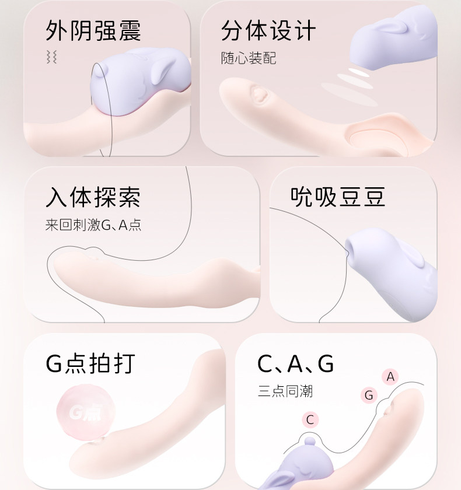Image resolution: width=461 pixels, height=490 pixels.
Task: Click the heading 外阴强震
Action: pos(93,31)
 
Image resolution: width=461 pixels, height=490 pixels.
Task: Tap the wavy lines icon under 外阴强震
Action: pos(51,57)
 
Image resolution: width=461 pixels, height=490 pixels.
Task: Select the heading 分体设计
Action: pos(268,31)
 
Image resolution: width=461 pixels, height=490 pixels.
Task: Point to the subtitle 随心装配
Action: pos(248,58)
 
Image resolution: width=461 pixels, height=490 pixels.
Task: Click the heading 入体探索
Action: pos(93,198)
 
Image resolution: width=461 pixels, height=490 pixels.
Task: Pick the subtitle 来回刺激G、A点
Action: pos(93,225)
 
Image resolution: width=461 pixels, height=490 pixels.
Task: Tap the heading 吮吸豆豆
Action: pos(338,198)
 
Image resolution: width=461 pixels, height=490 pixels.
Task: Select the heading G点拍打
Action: pos(90,363)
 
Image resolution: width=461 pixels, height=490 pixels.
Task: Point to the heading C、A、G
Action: pos(295,363)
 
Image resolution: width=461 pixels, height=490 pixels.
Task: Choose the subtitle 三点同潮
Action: pos(285,391)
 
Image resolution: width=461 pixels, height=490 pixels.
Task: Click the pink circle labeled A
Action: pos(390,377)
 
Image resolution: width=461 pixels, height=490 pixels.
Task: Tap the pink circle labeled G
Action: pos(368,395)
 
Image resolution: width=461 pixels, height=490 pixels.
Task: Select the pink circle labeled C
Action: pos(310,419)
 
